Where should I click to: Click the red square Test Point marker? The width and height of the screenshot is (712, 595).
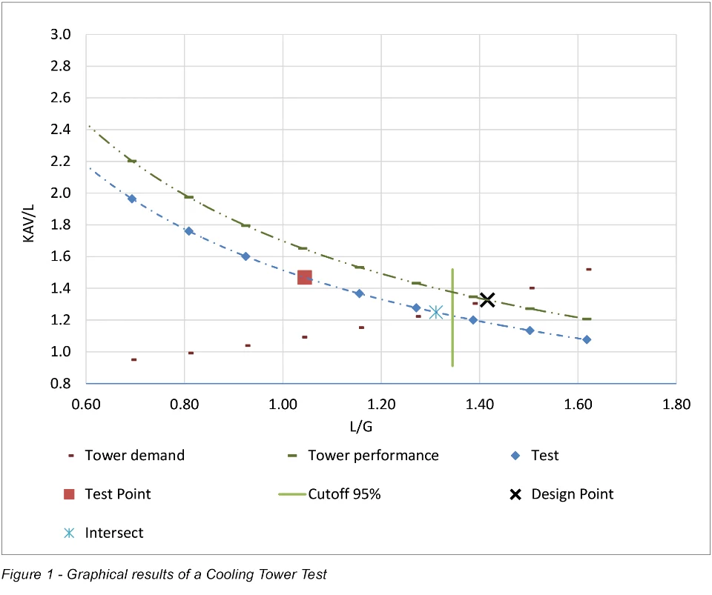click(x=304, y=277)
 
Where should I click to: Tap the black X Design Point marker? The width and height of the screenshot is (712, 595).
click(x=487, y=300)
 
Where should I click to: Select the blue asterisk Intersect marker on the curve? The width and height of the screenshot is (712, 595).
click(x=436, y=313)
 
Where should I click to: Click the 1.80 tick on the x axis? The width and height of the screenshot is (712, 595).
click(x=676, y=405)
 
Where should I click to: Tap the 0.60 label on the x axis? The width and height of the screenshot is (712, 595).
click(x=86, y=405)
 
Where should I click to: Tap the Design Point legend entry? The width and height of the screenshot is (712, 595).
click(x=572, y=493)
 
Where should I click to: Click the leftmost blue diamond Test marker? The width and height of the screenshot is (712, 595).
click(x=132, y=199)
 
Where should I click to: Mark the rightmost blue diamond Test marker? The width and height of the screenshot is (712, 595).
click(x=587, y=339)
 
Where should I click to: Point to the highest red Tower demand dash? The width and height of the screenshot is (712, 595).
click(x=588, y=269)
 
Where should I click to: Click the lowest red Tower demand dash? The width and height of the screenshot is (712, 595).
click(x=134, y=359)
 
